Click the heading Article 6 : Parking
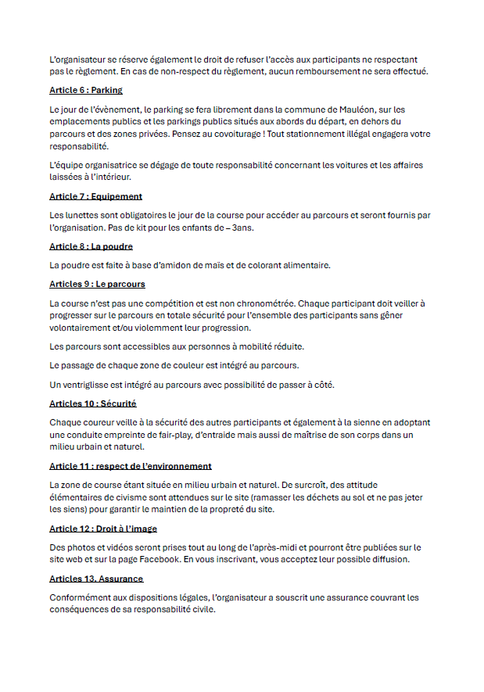[x=86, y=90]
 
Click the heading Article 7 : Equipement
[x=95, y=196]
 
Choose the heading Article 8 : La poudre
[x=91, y=246]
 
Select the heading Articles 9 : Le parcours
[x=97, y=284]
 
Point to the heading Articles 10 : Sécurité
[x=93, y=403]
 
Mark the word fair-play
[x=178, y=435]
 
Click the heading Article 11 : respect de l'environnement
[x=131, y=466]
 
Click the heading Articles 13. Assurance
[x=96, y=579]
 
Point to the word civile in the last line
[x=201, y=610]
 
